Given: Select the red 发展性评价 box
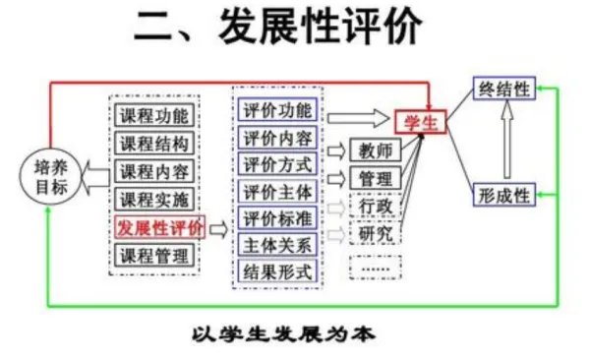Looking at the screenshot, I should tap(159, 228).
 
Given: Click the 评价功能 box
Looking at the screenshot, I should tap(277, 111).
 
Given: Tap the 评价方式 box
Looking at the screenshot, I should tap(277, 164).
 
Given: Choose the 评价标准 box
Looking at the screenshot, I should tap(277, 217).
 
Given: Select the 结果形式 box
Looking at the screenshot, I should tap(277, 270).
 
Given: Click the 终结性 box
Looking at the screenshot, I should tap(503, 89).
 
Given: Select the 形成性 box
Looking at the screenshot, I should tap(503, 194).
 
